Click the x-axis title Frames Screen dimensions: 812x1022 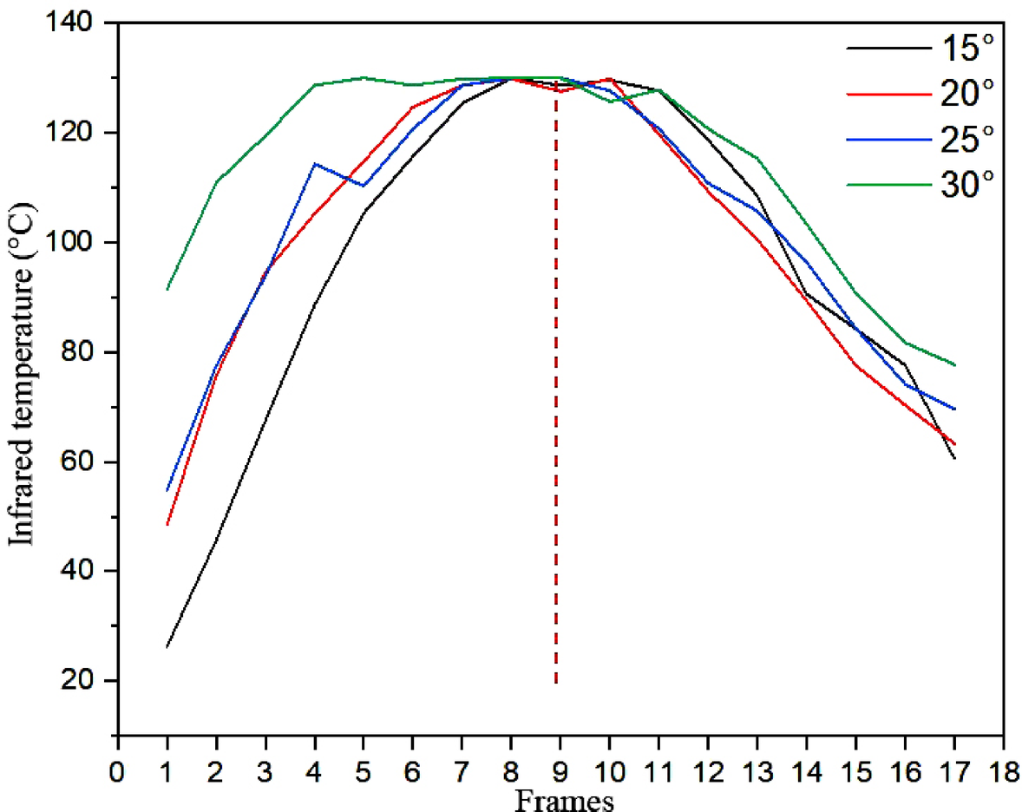565,797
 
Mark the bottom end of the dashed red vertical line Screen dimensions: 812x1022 555,684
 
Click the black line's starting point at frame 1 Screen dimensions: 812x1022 167,647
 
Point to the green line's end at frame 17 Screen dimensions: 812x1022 954,365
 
